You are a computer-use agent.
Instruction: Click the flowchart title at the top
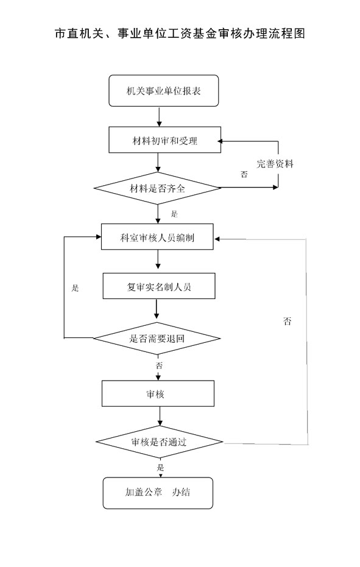(x=180, y=33)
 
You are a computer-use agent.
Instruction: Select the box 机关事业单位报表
(x=163, y=91)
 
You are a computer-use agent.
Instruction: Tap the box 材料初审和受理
(x=164, y=139)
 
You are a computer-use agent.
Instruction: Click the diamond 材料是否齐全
(x=157, y=188)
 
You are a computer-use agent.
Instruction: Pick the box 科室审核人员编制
(x=157, y=237)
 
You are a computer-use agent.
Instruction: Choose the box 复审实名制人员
(x=159, y=286)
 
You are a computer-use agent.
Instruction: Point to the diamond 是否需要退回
(x=157, y=339)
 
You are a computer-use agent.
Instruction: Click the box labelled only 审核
(x=158, y=393)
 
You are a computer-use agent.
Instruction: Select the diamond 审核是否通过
(x=159, y=442)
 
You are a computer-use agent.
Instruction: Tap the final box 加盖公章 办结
(x=158, y=493)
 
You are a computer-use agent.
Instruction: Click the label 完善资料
(x=275, y=164)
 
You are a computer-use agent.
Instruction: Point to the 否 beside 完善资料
(x=244, y=174)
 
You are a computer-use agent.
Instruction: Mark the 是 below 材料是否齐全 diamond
(x=174, y=214)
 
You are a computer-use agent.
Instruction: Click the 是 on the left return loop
(x=75, y=288)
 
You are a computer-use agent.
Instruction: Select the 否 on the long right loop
(x=288, y=321)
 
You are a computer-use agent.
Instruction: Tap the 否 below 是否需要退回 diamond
(x=159, y=365)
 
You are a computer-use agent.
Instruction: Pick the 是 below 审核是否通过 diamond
(x=160, y=467)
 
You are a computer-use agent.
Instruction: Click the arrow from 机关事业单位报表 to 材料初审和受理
(x=159, y=116)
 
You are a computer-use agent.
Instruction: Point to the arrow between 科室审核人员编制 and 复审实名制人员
(x=158, y=259)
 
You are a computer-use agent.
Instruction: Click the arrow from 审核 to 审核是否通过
(x=160, y=416)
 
